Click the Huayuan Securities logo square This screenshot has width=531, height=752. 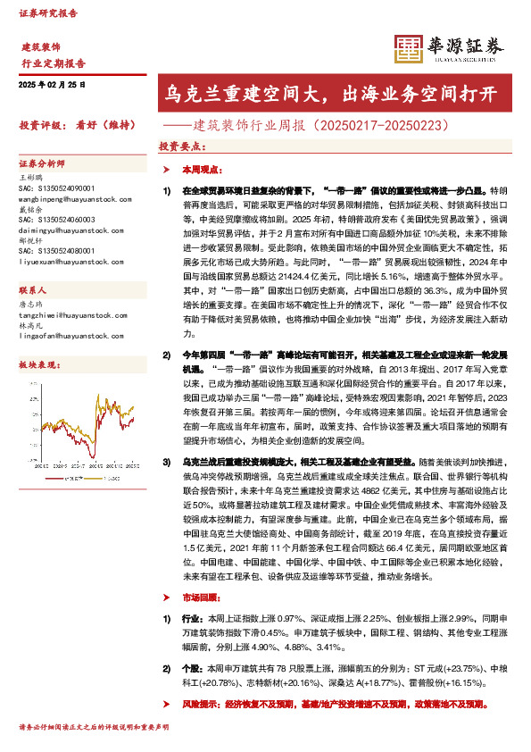[408, 50]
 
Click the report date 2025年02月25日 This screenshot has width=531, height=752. [51, 84]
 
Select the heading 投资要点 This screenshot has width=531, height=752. [179, 146]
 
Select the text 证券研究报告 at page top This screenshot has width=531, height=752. [48, 14]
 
